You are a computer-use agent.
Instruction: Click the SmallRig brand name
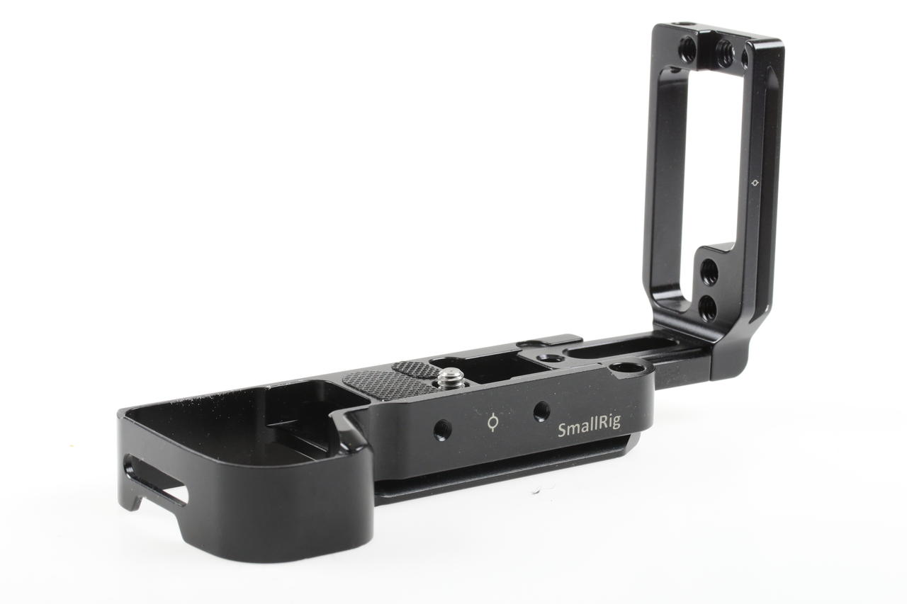(588, 428)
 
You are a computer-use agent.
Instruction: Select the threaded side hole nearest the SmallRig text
(541, 411)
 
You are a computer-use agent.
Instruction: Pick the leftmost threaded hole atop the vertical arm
(687, 49)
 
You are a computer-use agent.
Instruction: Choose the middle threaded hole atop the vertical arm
(723, 52)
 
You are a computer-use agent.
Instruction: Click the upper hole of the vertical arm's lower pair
(709, 272)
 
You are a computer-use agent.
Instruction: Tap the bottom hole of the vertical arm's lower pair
(707, 307)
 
